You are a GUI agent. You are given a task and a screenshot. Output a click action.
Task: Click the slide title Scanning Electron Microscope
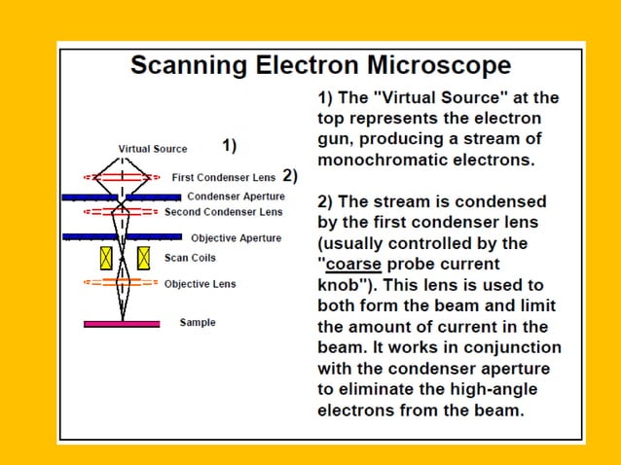[320, 65]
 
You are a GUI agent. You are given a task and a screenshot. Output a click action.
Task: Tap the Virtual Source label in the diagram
[153, 149]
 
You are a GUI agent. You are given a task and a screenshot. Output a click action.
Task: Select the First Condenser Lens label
[223, 177]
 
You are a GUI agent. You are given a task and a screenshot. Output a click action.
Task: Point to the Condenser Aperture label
[236, 197]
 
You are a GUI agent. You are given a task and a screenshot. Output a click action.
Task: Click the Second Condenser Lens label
[223, 211]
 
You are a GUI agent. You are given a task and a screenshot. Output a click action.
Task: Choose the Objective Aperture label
[236, 237]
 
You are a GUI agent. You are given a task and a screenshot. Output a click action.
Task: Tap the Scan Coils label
[190, 258]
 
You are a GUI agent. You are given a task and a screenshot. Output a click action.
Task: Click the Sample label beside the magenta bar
[198, 322]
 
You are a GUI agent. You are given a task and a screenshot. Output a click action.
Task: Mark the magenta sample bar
[122, 323]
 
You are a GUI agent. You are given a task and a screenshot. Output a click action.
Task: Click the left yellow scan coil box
[106, 258]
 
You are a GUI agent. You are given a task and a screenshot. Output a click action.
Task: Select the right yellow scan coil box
[143, 258]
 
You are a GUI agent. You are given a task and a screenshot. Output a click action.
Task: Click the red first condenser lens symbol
[122, 177]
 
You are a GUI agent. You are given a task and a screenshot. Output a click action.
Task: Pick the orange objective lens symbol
[122, 283]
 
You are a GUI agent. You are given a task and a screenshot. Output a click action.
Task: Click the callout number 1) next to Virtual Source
[230, 146]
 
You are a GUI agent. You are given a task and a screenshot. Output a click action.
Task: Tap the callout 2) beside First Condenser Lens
[289, 176]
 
